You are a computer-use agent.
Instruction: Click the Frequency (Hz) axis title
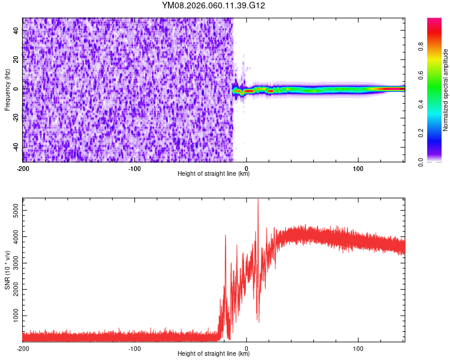click(7, 90)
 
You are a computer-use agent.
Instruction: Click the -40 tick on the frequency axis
click(16, 147)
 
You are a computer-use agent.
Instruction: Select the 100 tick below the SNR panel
click(359, 349)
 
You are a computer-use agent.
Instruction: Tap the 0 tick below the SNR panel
click(247, 349)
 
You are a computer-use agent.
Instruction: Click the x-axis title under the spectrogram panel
click(214, 174)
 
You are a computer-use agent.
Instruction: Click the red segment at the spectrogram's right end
click(393, 89)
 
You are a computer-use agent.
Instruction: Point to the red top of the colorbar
click(434, 23)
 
